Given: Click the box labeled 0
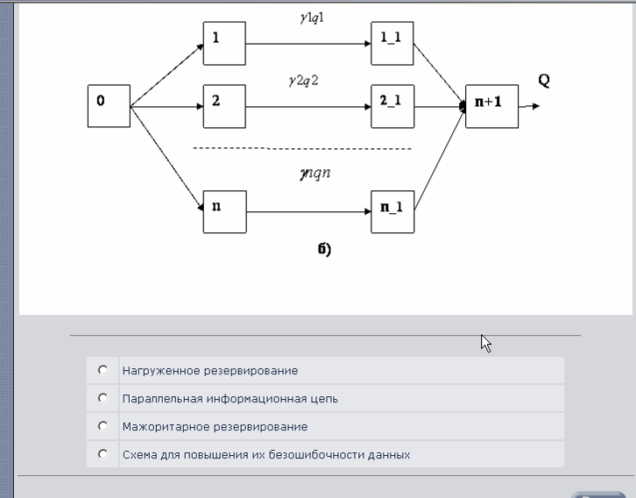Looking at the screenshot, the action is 110,106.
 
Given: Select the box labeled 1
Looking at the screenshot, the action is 224,44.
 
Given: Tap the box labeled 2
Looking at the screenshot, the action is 224,106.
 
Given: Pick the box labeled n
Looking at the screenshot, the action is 225,212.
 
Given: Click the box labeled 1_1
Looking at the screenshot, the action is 392,44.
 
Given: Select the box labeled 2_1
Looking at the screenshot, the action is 392,106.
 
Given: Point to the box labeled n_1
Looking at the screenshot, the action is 392,212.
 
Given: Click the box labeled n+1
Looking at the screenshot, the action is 492,106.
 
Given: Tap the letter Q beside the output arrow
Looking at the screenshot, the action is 544,81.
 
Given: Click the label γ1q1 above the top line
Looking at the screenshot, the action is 312,18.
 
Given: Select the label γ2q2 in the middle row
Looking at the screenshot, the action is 304,81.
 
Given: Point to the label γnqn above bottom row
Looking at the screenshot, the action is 315,174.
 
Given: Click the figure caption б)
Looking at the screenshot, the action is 324,249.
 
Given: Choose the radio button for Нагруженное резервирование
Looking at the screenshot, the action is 103,370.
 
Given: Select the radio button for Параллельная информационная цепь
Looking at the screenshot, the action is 103,398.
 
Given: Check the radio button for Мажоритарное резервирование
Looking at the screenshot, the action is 103,426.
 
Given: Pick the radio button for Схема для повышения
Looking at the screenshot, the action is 103,454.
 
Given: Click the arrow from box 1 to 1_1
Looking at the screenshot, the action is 308,44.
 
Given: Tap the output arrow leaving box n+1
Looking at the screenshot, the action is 529,106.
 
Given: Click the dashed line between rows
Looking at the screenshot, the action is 302,148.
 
